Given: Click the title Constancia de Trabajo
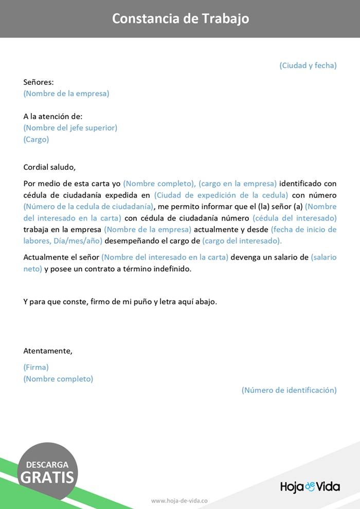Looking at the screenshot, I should pos(181,19).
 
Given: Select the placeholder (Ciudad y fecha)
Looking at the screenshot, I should pos(308,65).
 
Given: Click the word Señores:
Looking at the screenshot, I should pos(39,82).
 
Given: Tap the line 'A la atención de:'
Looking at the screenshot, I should pos(53,117).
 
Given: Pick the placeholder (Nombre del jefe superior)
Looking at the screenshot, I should pos(70,128).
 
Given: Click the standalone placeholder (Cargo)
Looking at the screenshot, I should pos(36,139).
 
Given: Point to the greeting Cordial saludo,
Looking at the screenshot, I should pos(49,167).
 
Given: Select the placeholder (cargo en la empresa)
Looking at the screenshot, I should pos(238,184).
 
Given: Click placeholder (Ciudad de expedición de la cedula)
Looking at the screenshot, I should pos(221,195).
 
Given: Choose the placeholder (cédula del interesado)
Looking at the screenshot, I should pos(294,218).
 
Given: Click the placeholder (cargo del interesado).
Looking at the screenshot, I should pos(242,241).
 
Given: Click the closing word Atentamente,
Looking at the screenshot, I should pos(48,351).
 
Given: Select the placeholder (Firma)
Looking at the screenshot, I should pos(36,367).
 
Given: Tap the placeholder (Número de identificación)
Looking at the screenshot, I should pos(289,390).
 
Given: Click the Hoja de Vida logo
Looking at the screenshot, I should pos(310,486).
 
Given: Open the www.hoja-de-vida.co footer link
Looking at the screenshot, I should pos(179,500).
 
